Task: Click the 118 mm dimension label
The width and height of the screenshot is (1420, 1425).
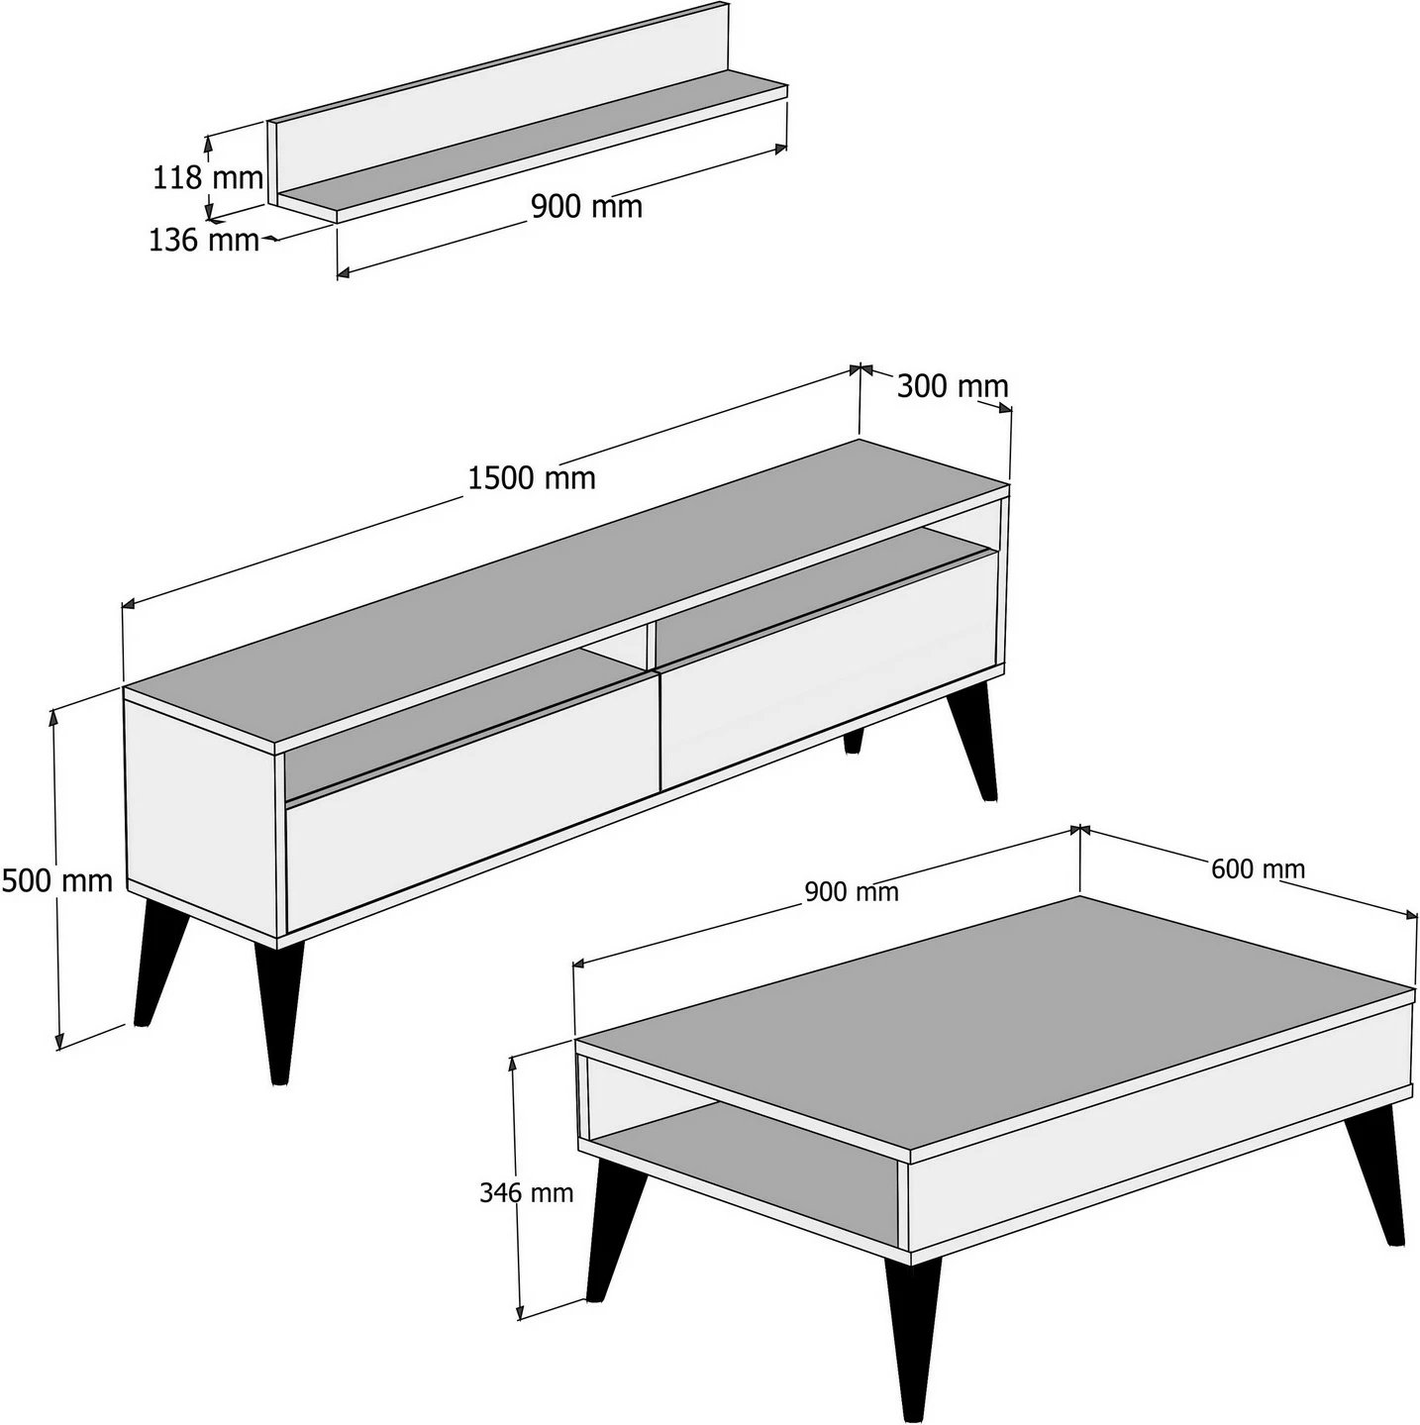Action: click(208, 178)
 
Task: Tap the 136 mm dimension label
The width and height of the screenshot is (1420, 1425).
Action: click(204, 241)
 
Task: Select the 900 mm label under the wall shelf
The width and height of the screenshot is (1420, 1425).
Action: click(586, 207)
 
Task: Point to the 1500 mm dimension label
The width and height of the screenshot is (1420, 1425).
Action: click(532, 478)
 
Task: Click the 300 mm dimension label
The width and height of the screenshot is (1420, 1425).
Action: click(953, 386)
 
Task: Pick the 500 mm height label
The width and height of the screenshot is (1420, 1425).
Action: click(57, 880)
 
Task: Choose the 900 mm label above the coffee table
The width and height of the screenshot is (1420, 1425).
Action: click(852, 892)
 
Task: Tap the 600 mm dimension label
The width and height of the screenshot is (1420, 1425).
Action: click(1258, 868)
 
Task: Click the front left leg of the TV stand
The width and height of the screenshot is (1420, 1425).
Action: click(159, 962)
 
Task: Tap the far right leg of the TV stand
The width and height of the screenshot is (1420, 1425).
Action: click(971, 742)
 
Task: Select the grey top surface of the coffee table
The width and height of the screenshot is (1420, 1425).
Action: click(995, 1025)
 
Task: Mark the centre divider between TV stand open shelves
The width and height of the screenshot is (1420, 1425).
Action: click(652, 646)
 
